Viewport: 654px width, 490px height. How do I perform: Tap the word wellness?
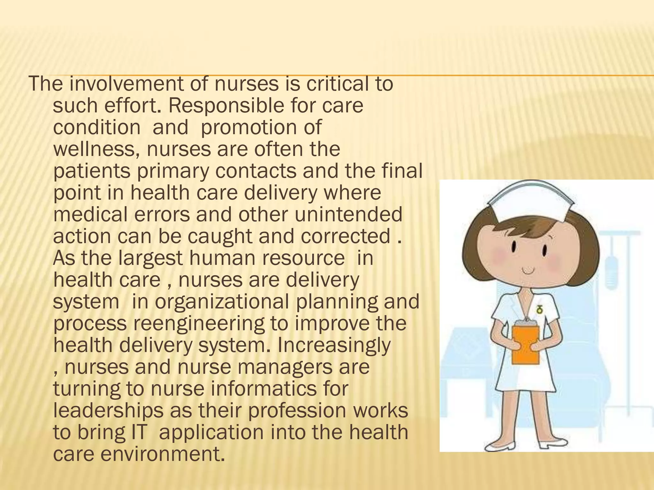pos(96,149)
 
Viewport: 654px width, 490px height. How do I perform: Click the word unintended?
pos(348,214)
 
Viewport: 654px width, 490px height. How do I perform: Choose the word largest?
pos(150,258)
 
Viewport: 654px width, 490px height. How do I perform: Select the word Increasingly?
pos(334,345)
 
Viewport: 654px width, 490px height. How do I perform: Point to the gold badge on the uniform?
pos(540,309)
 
